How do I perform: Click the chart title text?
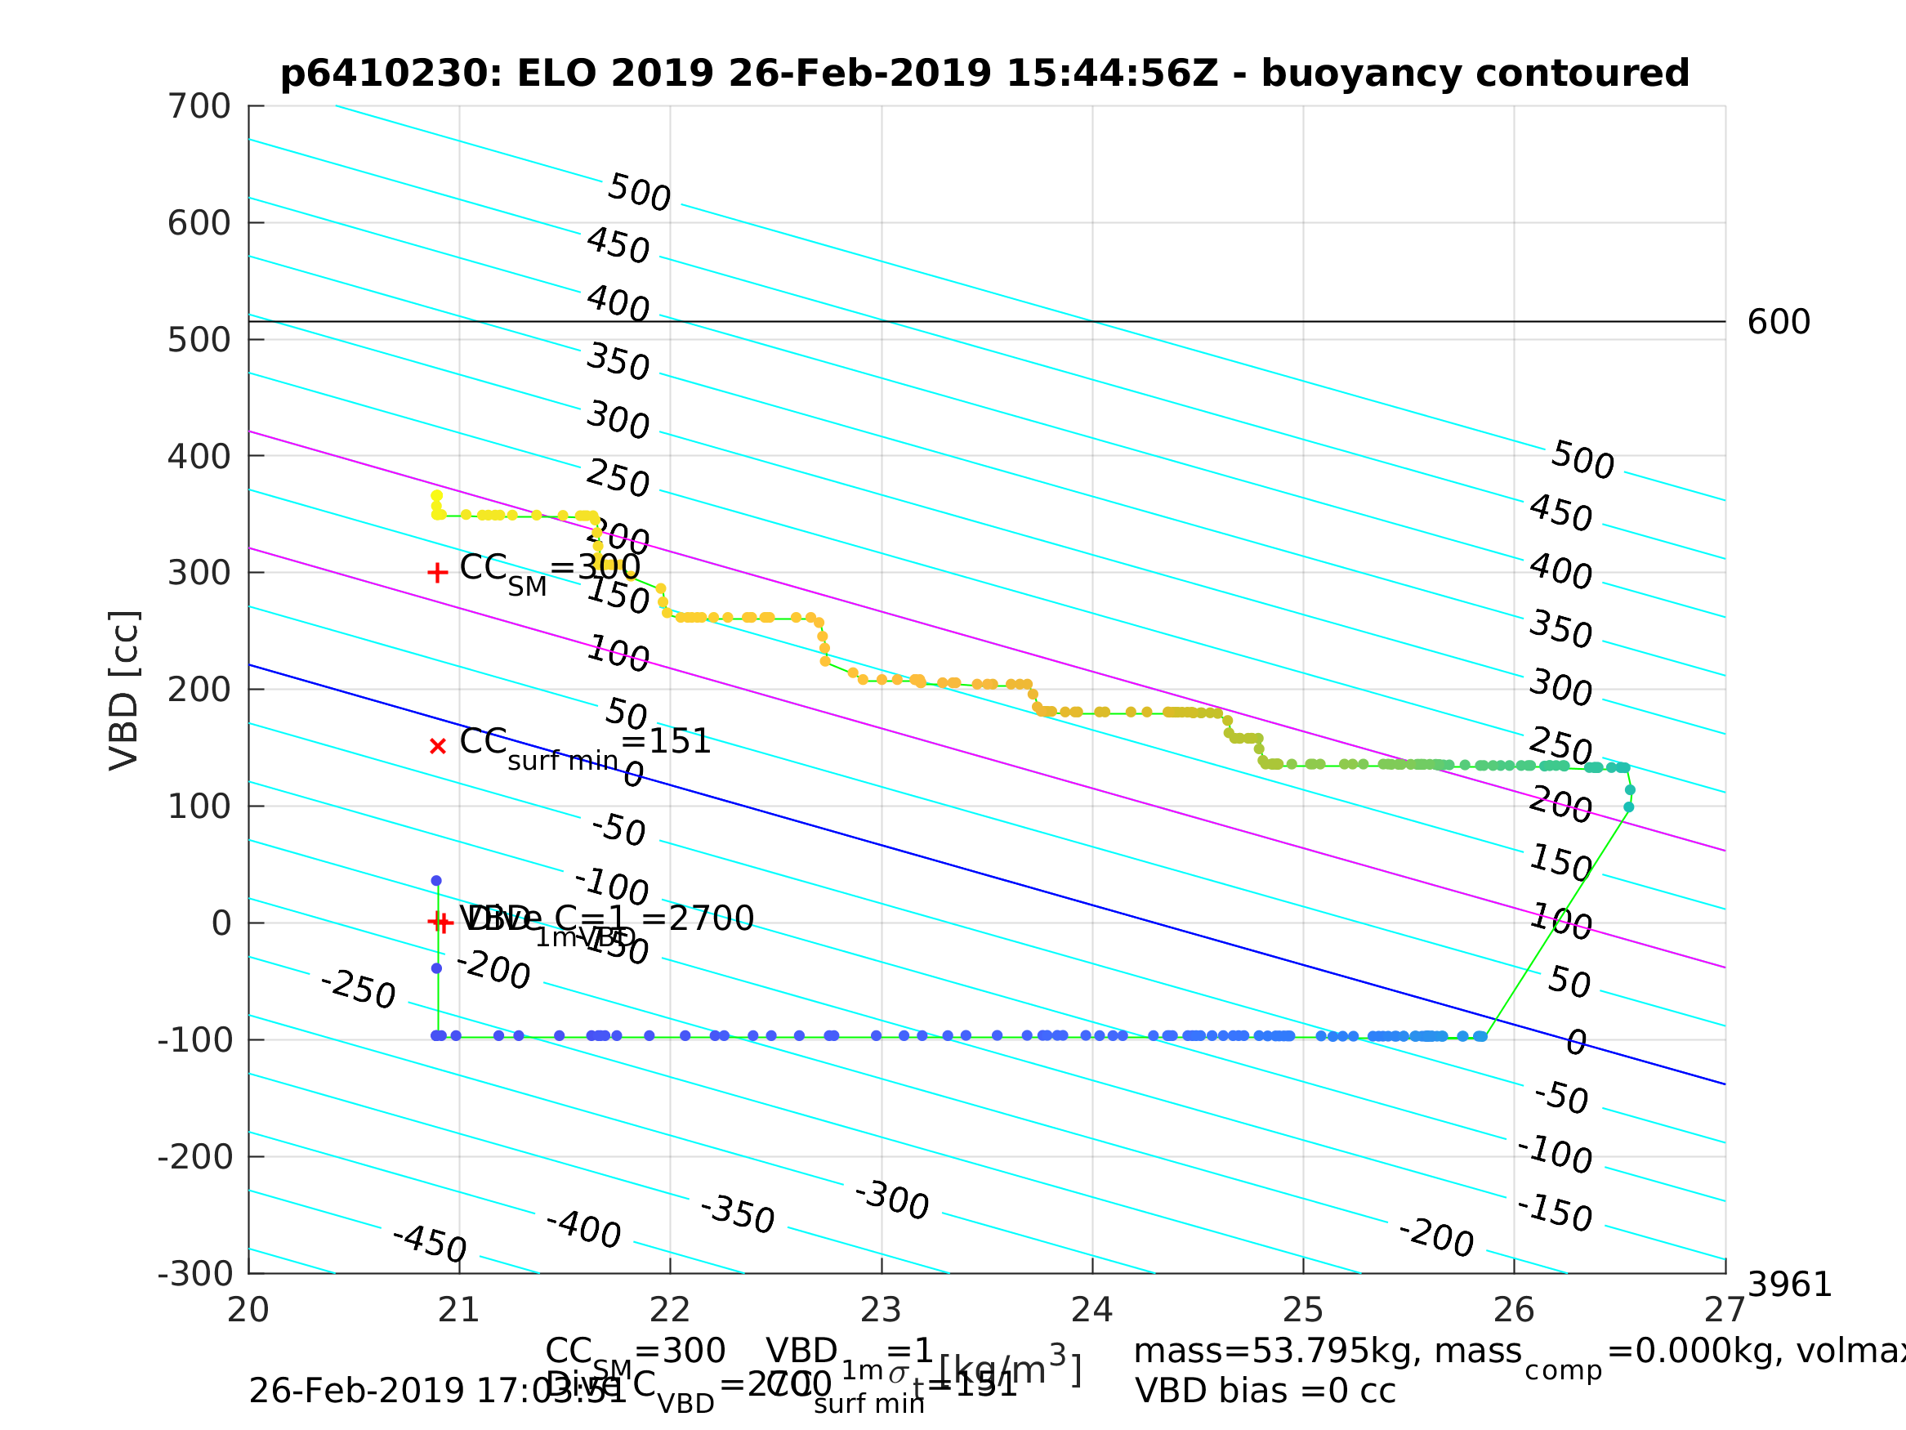(x=984, y=74)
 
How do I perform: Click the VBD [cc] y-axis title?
(x=125, y=690)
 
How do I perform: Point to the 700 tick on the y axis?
(x=199, y=107)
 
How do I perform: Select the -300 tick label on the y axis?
(x=194, y=1274)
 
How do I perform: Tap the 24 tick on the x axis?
(x=1091, y=1310)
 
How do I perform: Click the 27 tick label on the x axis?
(x=1724, y=1310)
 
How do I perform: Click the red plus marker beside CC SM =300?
(x=438, y=573)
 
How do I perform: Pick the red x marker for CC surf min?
(x=438, y=747)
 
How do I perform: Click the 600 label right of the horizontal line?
(x=1779, y=323)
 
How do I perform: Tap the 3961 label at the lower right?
(x=1789, y=1285)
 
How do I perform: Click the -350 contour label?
(x=738, y=1214)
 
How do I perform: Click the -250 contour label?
(x=358, y=989)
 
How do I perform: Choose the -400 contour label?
(x=583, y=1229)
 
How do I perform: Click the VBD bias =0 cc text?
(x=1265, y=1392)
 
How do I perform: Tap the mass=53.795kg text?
(x=1327, y=1352)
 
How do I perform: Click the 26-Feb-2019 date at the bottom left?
(x=362, y=1392)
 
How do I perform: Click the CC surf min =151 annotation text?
(x=586, y=743)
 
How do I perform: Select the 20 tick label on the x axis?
(x=248, y=1310)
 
